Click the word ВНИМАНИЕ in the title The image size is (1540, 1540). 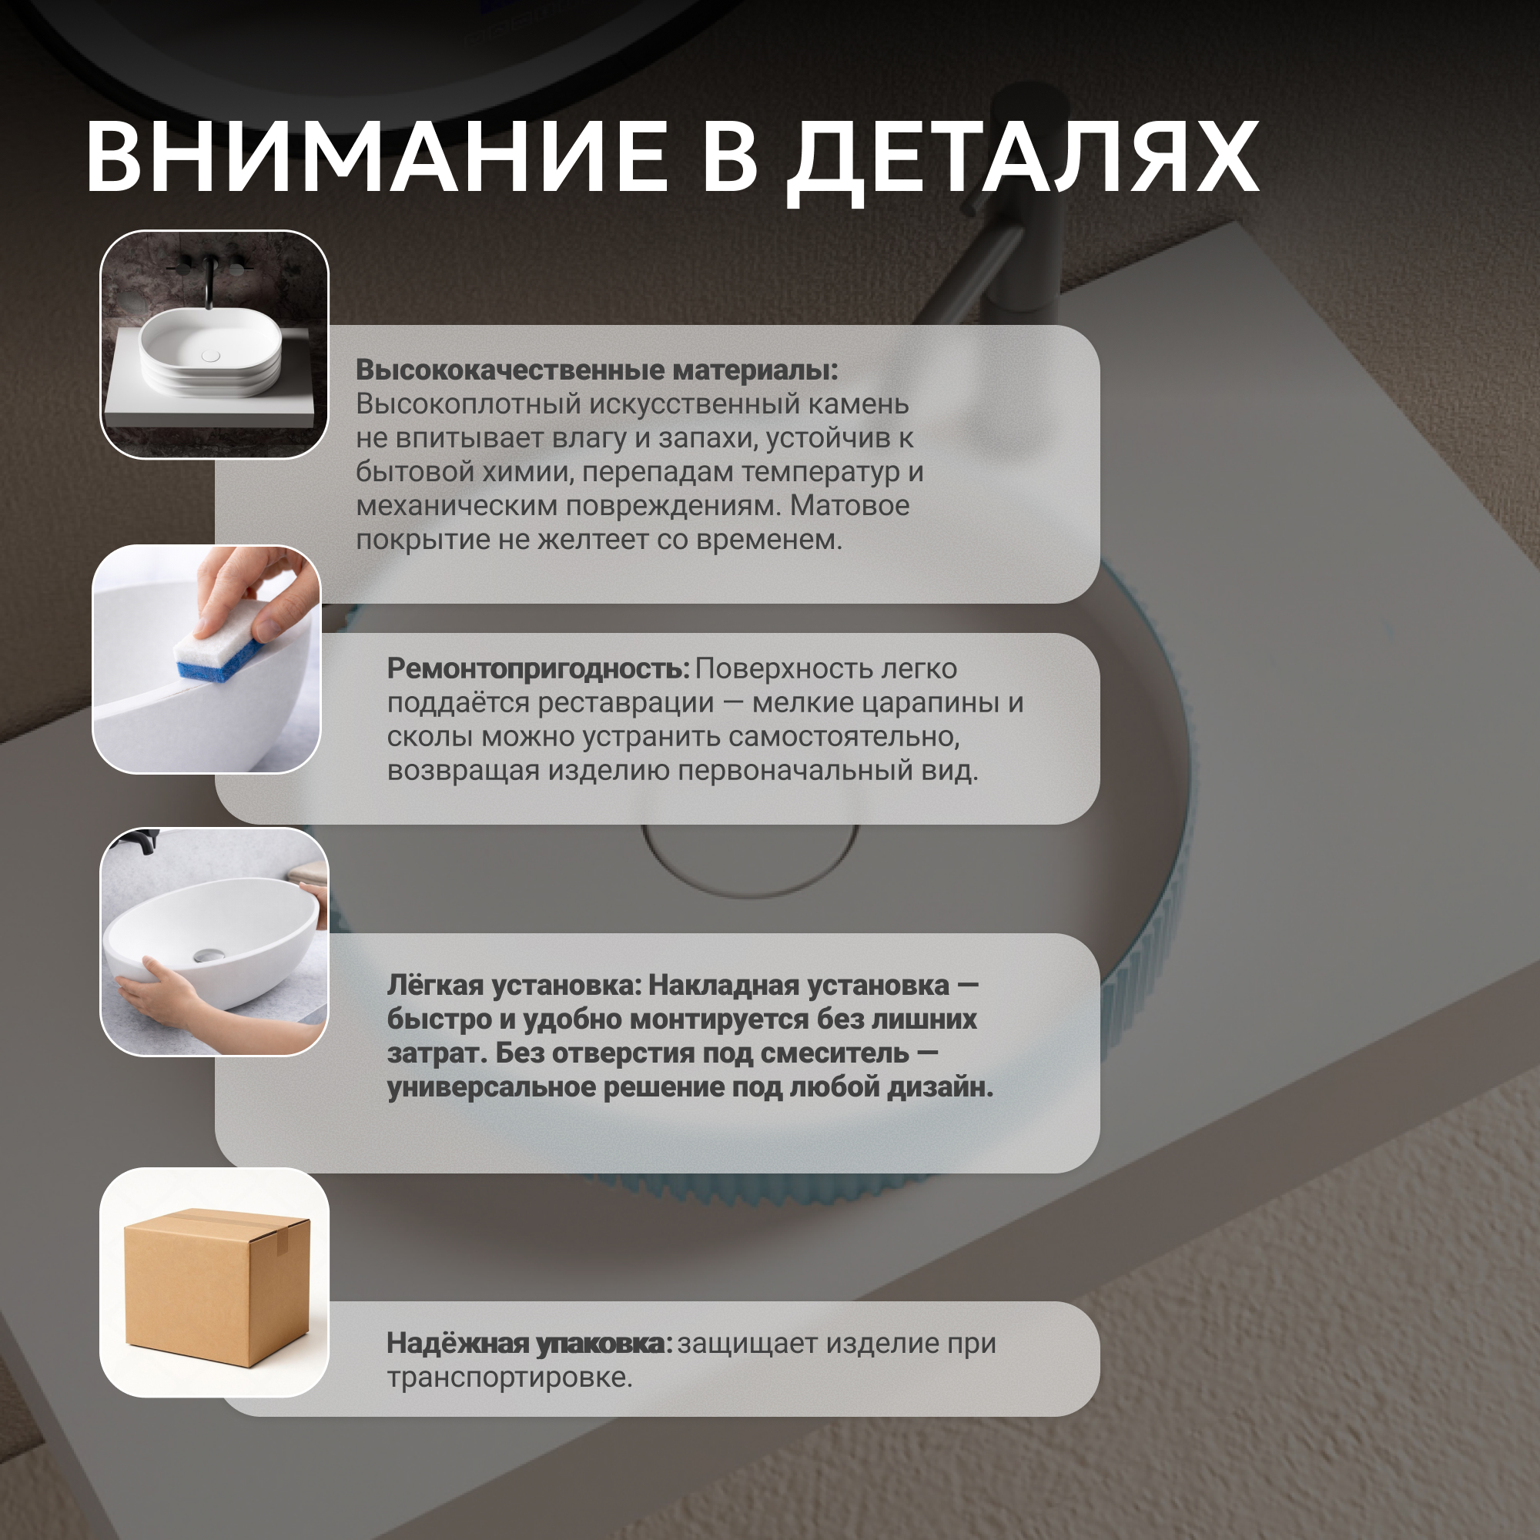coord(377,156)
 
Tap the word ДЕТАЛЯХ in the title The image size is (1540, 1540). coord(1023,162)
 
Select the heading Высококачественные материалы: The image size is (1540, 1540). coord(597,370)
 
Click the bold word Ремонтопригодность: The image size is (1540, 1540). coord(538,669)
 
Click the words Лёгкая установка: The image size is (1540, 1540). coord(514,986)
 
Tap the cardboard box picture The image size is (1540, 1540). coord(216,1287)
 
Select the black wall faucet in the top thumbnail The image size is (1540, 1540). coord(209,277)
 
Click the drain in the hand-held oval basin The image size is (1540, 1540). coord(208,954)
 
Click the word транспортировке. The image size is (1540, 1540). coord(509,1379)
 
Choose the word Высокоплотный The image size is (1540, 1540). coord(468,405)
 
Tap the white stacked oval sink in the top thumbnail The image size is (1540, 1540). coord(210,353)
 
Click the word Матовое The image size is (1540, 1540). coord(850,506)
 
